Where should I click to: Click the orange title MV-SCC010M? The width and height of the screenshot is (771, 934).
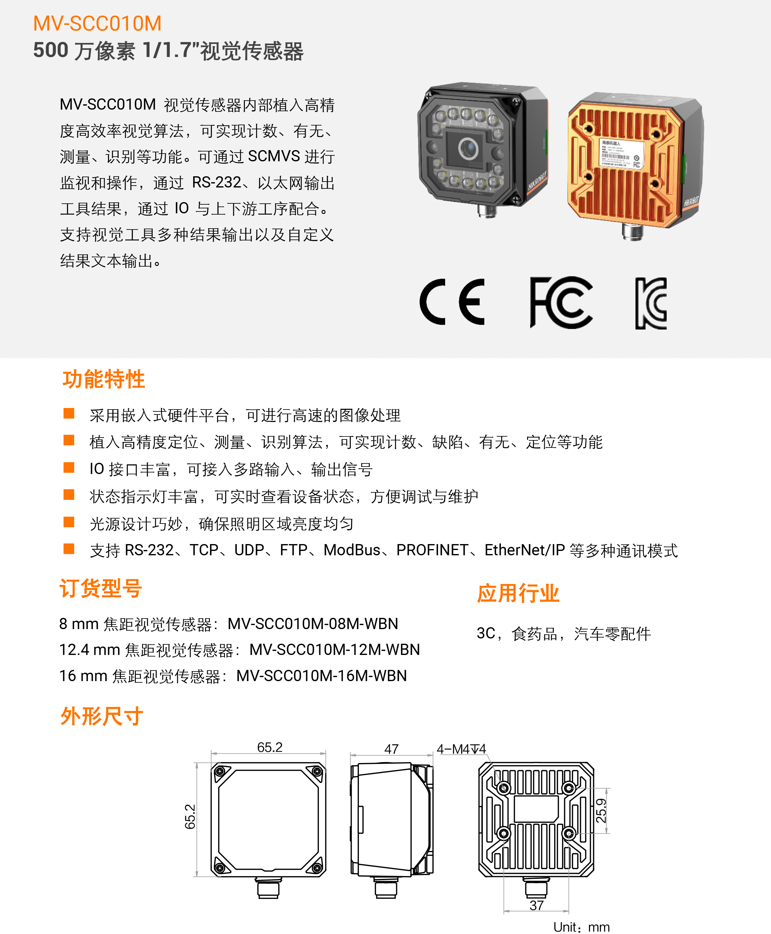pyautogui.click(x=97, y=24)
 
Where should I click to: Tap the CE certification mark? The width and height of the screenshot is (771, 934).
pyautogui.click(x=452, y=302)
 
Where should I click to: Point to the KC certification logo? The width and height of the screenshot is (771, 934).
pyautogui.click(x=651, y=303)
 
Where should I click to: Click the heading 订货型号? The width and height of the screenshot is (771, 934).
pyautogui.click(x=101, y=588)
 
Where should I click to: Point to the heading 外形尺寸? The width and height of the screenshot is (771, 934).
pyautogui.click(x=102, y=716)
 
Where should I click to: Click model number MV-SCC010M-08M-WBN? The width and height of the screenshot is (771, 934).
pyautogui.click(x=313, y=624)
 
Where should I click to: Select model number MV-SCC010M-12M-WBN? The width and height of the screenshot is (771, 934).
pyautogui.click(x=335, y=649)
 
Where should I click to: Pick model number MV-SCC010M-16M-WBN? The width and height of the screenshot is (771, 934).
pyautogui.click(x=321, y=676)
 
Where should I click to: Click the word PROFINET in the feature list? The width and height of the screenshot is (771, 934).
pyautogui.click(x=432, y=550)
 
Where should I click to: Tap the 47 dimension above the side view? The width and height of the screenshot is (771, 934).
pyautogui.click(x=391, y=749)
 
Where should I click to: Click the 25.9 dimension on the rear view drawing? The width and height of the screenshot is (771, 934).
pyautogui.click(x=601, y=811)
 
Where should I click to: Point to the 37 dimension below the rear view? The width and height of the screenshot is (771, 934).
pyautogui.click(x=536, y=905)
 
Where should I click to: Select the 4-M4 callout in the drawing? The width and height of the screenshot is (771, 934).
pyautogui.click(x=461, y=749)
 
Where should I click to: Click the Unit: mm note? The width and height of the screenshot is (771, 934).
pyautogui.click(x=581, y=927)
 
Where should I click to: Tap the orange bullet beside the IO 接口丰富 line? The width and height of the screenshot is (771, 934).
pyautogui.click(x=69, y=467)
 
